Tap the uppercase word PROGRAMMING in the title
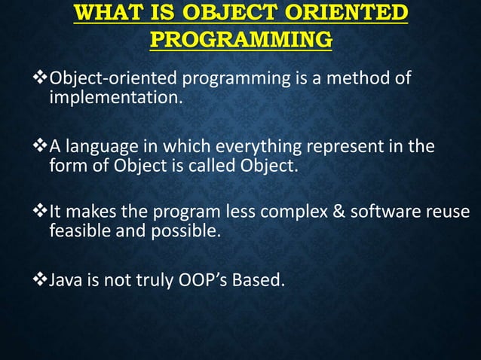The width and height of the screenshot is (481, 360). (x=240, y=39)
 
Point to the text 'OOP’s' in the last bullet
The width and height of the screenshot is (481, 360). (x=204, y=281)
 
